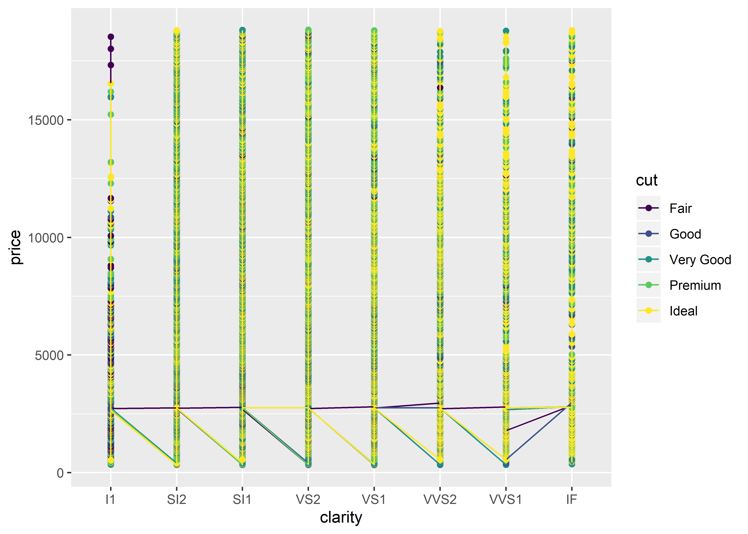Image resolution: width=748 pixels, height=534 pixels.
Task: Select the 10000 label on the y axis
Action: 45,238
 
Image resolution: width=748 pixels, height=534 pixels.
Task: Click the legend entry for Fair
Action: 680,208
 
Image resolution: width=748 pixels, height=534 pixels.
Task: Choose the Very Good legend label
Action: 700,260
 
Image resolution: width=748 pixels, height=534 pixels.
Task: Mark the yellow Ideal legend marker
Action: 648,311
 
